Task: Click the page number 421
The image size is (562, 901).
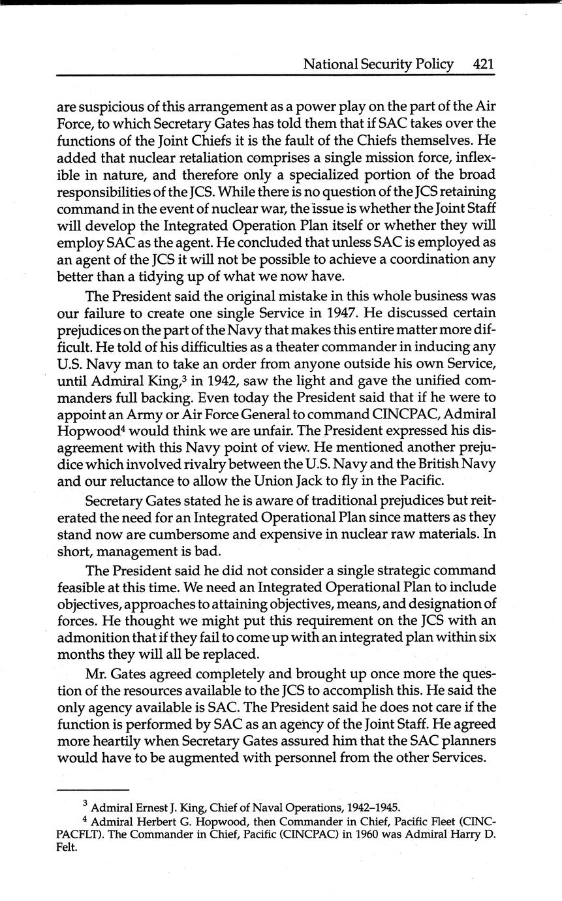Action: coord(483,64)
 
